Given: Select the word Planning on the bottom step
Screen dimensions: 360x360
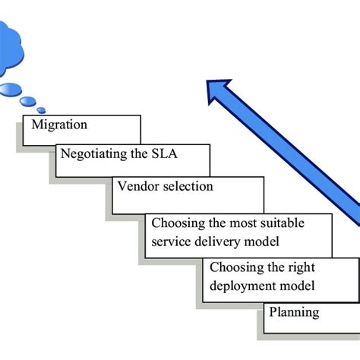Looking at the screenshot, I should [295, 312].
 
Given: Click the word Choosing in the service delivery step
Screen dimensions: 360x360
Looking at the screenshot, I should [178, 223].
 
